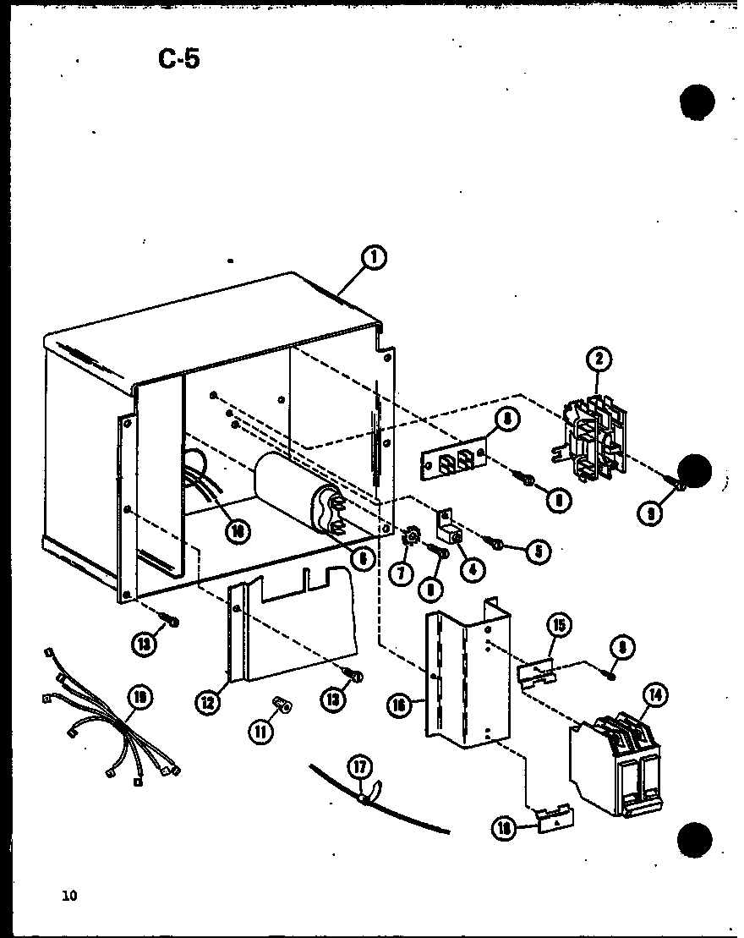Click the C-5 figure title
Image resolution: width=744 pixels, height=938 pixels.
pyautogui.click(x=178, y=59)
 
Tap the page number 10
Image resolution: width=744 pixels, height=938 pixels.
pyautogui.click(x=68, y=896)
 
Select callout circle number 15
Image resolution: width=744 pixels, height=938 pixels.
pyautogui.click(x=559, y=627)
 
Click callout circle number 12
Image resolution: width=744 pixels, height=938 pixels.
pyautogui.click(x=211, y=700)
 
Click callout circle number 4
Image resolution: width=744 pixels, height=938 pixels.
pyautogui.click(x=471, y=569)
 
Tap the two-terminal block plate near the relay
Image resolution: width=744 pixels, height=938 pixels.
pyautogui.click(x=452, y=460)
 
